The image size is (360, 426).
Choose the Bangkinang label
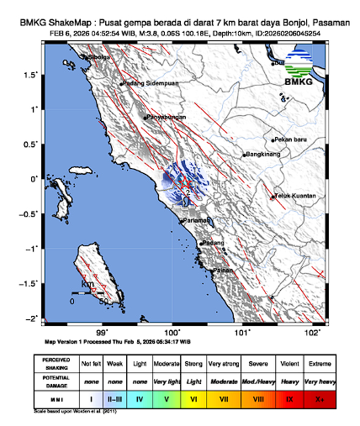point(264,155)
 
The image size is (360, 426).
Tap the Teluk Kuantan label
point(295,196)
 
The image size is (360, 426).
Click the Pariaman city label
point(198,220)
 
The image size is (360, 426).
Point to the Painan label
point(223,271)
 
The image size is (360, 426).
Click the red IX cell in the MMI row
point(289,397)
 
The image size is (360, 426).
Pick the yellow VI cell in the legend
point(192,397)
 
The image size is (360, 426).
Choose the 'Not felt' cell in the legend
point(90,364)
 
